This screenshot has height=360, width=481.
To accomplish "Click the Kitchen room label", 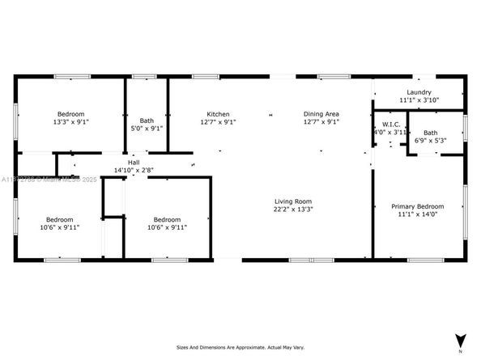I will coord(218,114).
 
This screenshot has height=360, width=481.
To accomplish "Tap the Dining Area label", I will coord(321,114).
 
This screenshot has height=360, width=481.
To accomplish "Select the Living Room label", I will coord(293,201).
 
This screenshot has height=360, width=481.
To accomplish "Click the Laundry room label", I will coord(418,92).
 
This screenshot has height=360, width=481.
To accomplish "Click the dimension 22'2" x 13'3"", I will coord(293,210).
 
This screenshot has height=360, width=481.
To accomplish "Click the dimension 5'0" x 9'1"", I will coord(147,128).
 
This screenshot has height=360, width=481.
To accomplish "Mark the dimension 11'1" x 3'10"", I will coord(418,100).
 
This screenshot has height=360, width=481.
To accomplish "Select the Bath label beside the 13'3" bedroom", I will coord(147,120).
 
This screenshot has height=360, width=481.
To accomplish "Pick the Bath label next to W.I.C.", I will coord(430,133).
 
